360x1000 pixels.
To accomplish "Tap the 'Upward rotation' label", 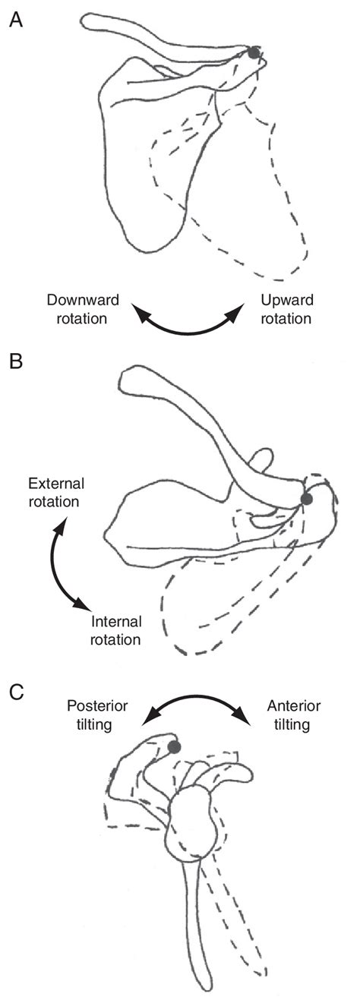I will point(286,309).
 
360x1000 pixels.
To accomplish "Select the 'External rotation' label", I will point(57,493).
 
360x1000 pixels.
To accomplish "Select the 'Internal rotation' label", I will point(115,630).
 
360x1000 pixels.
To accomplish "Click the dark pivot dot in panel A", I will point(254,52).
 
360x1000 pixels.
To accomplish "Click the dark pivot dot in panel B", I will point(307,499).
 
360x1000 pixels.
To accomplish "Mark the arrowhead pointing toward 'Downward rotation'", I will point(141,310).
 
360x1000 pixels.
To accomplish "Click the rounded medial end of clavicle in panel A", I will point(91,23).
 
